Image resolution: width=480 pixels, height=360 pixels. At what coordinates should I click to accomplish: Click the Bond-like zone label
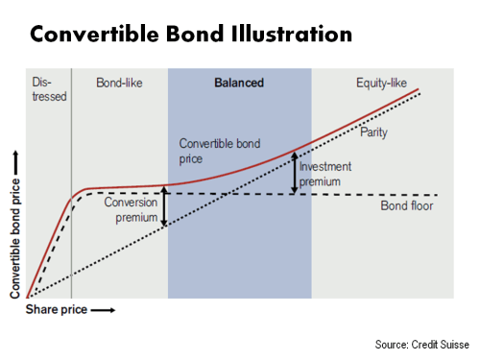119,84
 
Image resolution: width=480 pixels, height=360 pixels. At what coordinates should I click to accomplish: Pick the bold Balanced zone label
239,84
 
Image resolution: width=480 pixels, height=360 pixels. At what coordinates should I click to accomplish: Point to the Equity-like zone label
380,84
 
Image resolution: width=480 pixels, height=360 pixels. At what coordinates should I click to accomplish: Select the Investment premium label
324,173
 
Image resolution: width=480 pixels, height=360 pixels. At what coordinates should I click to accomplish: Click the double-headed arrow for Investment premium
295,171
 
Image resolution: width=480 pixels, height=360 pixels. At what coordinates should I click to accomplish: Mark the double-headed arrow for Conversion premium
164,206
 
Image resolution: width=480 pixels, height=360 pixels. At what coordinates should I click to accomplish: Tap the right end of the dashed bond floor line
437,195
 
